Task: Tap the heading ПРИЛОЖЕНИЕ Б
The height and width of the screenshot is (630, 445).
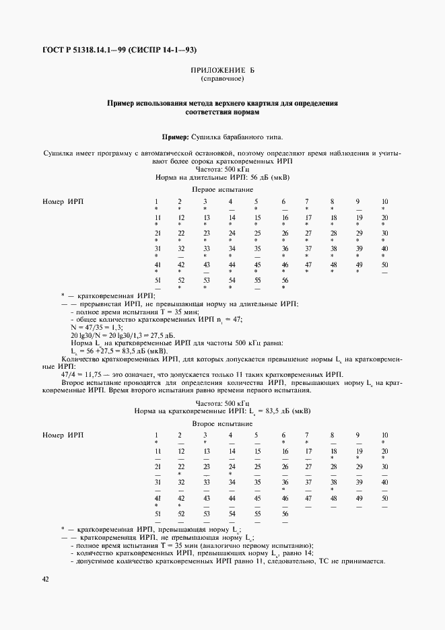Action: (223, 71)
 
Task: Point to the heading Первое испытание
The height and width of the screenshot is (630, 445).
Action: (223, 190)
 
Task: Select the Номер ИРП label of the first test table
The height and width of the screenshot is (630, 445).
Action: (63, 202)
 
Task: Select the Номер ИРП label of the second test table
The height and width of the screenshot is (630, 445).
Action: (63, 435)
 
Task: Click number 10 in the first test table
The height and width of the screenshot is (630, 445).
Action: (384, 202)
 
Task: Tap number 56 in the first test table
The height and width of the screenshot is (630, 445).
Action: (283, 279)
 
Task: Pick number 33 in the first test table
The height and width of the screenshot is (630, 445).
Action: (205, 248)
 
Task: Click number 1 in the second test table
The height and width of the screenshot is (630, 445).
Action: (156, 435)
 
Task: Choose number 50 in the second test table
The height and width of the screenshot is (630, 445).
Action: (384, 498)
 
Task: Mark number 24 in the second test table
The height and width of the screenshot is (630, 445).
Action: (231, 466)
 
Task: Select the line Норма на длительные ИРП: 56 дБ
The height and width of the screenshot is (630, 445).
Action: (223, 179)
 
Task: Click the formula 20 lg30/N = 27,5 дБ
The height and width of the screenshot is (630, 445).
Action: (104, 335)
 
